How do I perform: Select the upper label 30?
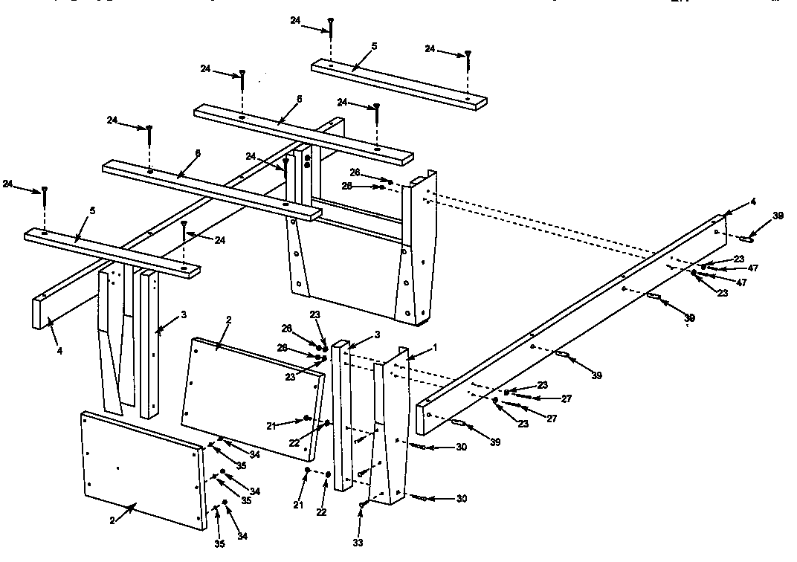tap(461, 448)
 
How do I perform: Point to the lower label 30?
tap(461, 499)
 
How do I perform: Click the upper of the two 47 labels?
tap(752, 268)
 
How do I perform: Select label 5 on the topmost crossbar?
tap(374, 46)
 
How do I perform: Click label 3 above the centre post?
tap(377, 335)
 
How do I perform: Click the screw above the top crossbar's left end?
tap(331, 27)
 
